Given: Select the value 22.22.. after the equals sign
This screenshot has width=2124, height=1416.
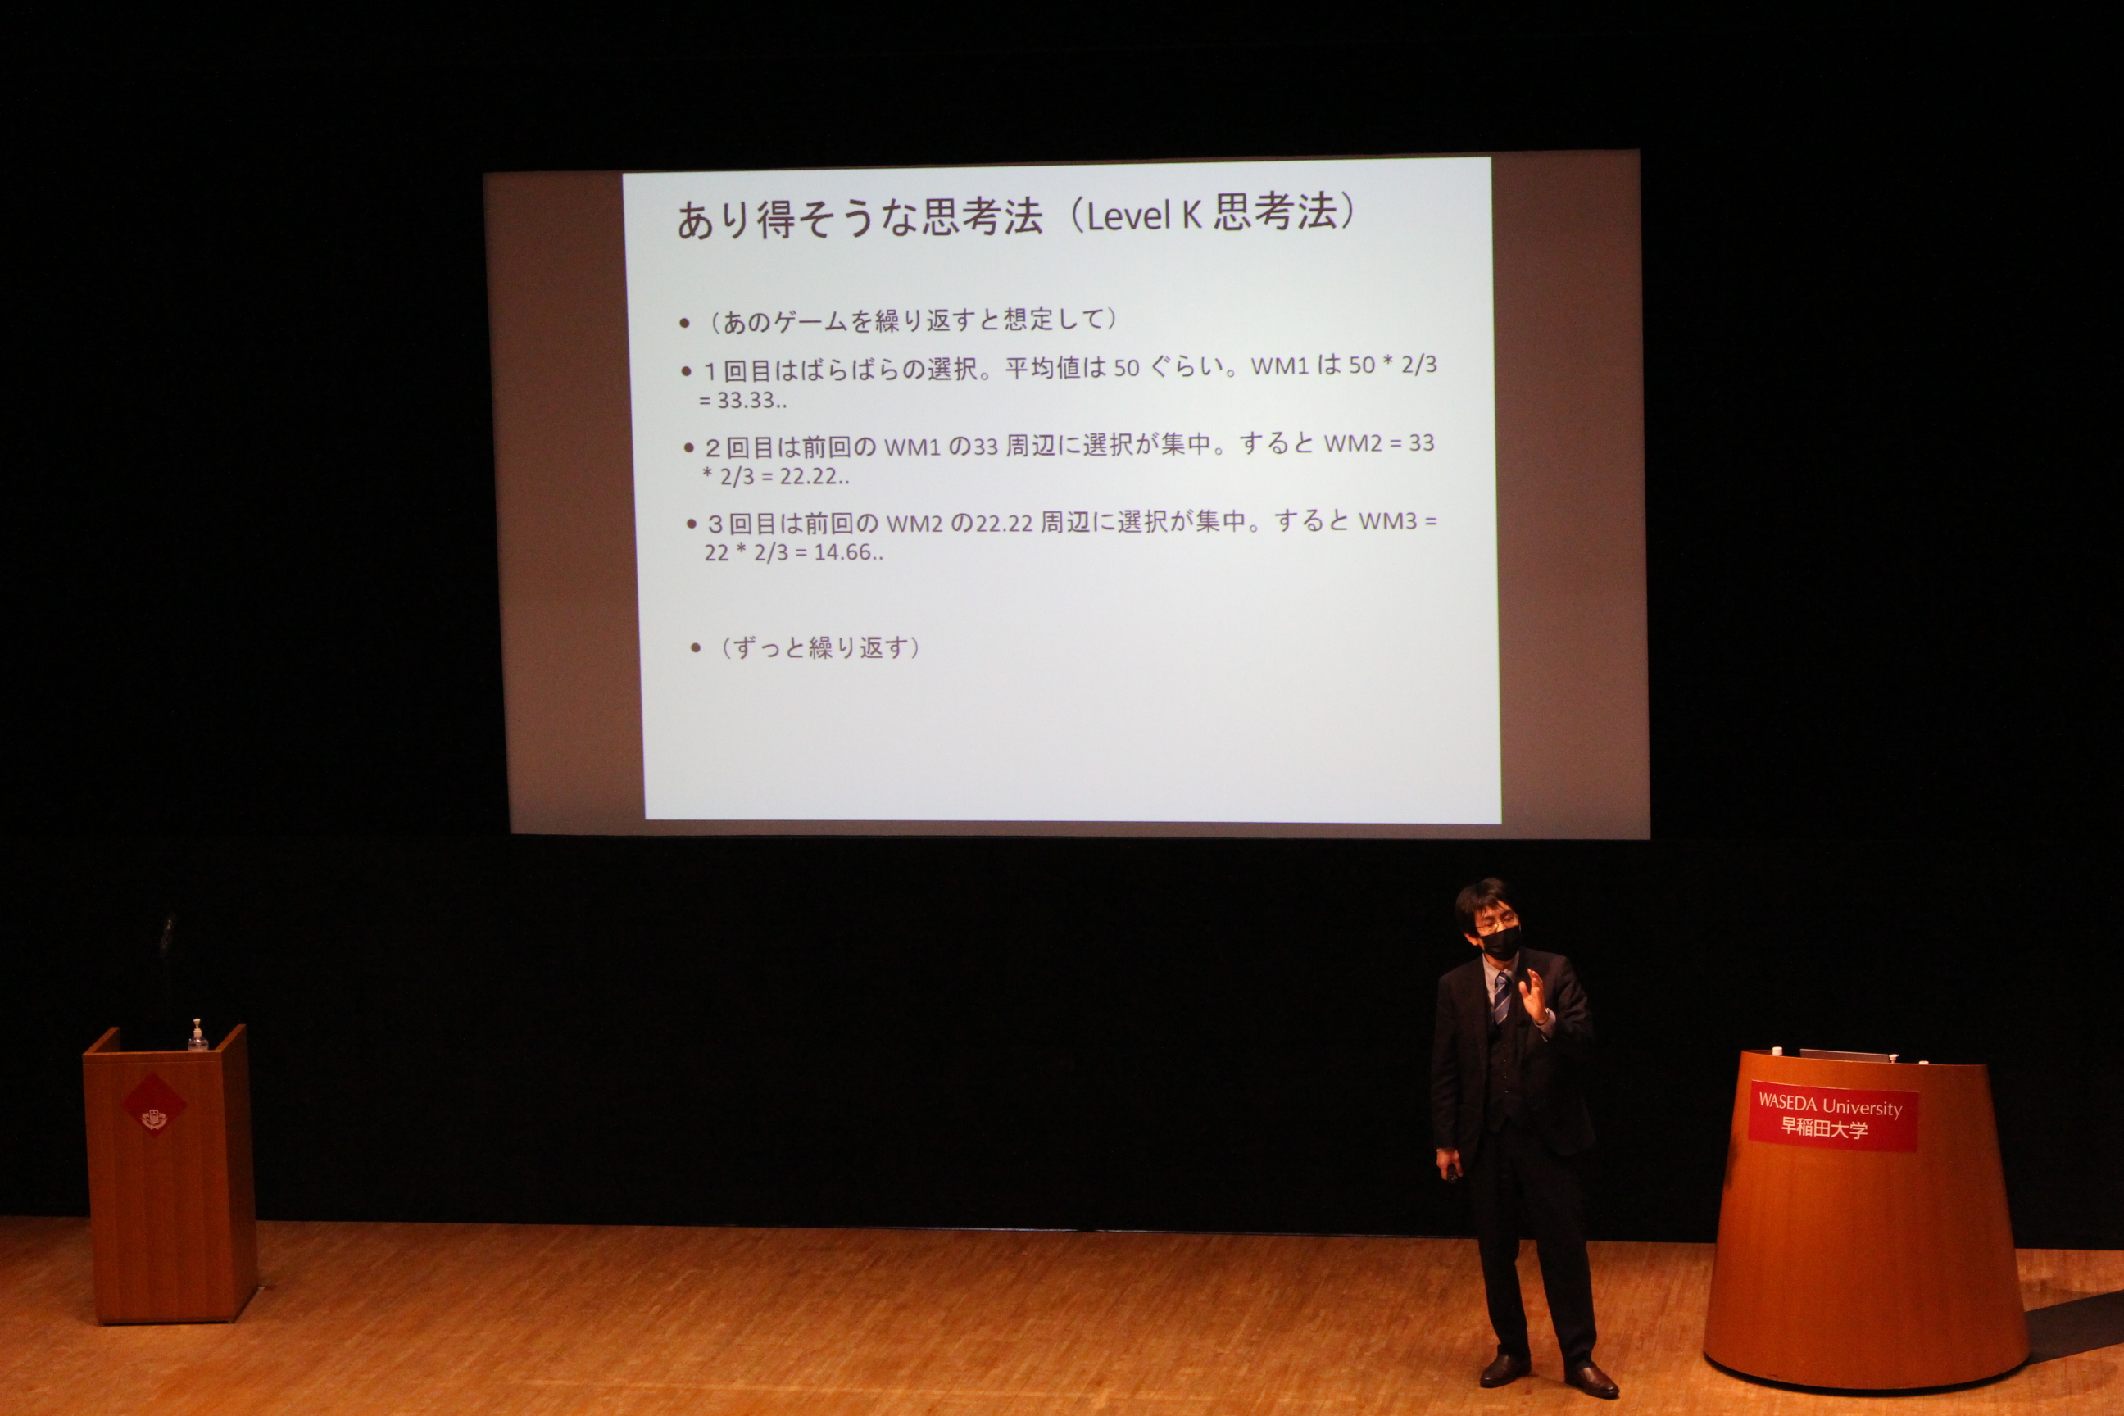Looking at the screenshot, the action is pyautogui.click(x=815, y=476).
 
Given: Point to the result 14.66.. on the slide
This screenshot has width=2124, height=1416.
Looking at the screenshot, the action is pyautogui.click(x=849, y=551).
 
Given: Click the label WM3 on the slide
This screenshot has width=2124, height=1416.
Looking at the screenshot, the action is pyautogui.click(x=1388, y=521).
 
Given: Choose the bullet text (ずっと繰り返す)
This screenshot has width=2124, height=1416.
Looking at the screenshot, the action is pyautogui.click(x=821, y=647).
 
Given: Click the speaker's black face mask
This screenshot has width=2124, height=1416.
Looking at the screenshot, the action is pyautogui.click(x=1500, y=942).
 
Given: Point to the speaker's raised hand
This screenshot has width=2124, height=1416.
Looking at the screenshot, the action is pyautogui.click(x=1534, y=996).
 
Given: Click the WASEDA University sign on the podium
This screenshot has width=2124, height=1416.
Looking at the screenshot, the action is pyautogui.click(x=1832, y=1116).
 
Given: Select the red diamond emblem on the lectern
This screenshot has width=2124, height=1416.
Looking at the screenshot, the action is pyautogui.click(x=152, y=1105).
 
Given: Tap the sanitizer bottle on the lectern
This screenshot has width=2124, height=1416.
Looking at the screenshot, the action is pyautogui.click(x=197, y=1036).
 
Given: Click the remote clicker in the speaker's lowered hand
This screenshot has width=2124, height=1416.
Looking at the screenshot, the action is pyautogui.click(x=1453, y=1172).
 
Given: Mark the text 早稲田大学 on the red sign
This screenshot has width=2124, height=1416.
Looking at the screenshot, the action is pyautogui.click(x=1823, y=1127).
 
